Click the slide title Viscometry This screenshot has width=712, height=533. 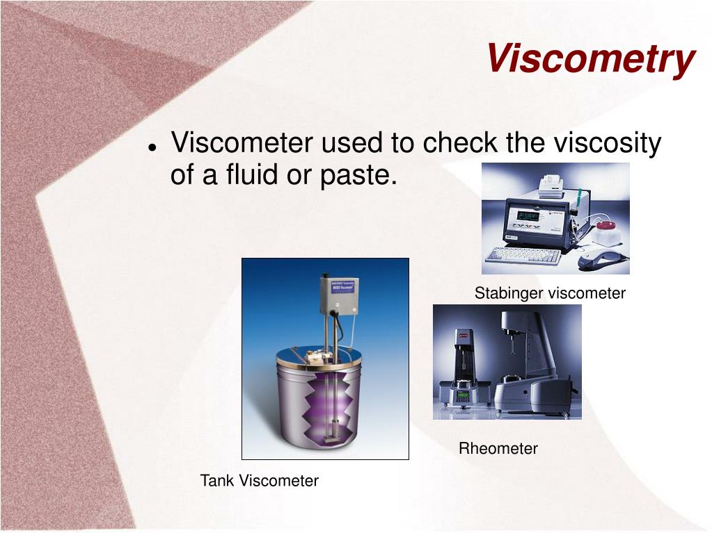point(590,58)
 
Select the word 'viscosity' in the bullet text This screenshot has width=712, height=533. point(607,143)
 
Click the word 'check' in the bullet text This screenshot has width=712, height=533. point(460,143)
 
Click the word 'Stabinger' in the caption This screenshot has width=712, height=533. point(509,293)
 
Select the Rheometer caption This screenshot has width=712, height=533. point(498,449)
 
